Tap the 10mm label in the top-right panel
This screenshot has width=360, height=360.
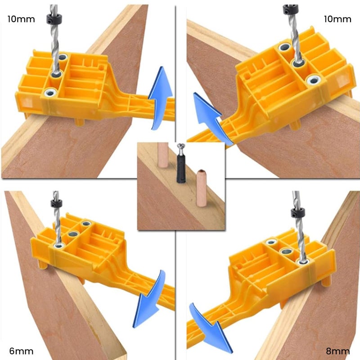(x=338, y=19)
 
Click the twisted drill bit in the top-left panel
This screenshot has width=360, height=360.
(x=54, y=49)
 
